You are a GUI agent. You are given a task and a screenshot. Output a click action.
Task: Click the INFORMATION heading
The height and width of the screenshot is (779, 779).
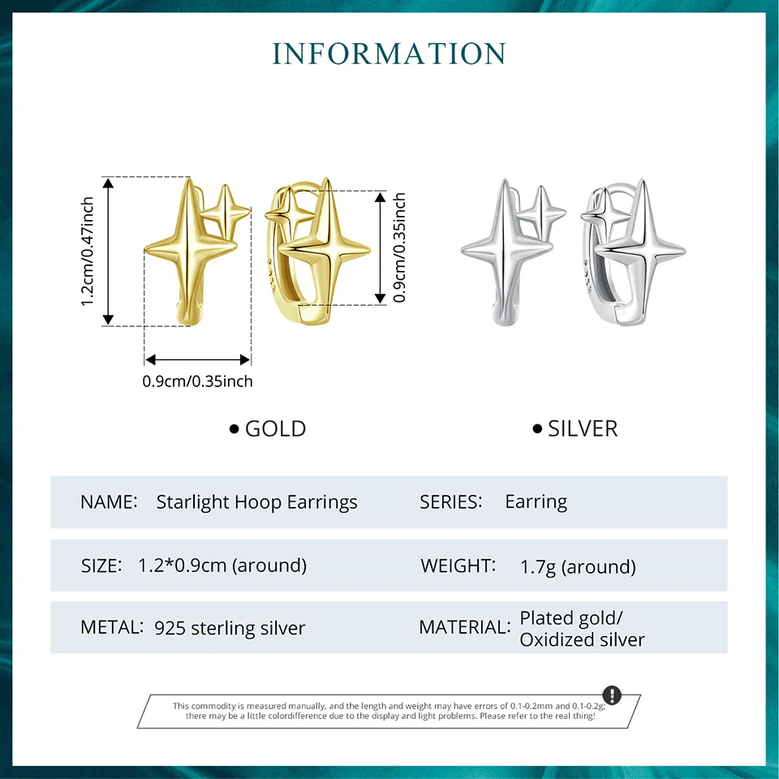389,54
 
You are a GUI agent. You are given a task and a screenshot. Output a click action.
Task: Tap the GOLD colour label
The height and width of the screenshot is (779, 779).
275,428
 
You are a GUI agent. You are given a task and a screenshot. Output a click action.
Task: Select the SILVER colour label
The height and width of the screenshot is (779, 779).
582,428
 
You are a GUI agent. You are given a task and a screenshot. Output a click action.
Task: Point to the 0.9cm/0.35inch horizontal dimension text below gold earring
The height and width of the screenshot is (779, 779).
197,381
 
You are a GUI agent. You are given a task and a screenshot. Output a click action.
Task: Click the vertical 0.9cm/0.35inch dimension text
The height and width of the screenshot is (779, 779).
399,247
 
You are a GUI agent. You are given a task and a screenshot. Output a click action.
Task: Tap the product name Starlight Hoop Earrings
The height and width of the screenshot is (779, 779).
256,502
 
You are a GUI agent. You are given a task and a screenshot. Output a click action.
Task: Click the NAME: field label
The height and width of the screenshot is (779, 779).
108,502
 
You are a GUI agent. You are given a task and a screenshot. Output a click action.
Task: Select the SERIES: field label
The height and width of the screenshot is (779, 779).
450,502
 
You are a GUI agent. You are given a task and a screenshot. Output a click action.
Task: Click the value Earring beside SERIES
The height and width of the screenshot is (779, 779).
536,502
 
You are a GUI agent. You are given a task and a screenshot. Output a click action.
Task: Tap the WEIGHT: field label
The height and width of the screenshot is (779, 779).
458,566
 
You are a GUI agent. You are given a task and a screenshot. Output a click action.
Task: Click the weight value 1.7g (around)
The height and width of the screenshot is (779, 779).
578,566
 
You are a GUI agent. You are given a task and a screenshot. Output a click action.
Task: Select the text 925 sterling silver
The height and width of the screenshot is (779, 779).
230,627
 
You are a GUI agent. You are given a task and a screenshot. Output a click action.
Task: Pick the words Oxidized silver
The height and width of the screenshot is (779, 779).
582,640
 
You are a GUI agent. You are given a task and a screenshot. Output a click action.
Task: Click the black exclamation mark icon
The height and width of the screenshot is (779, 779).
612,695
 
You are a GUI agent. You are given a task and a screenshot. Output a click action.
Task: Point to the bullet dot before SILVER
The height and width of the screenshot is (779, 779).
537,428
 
